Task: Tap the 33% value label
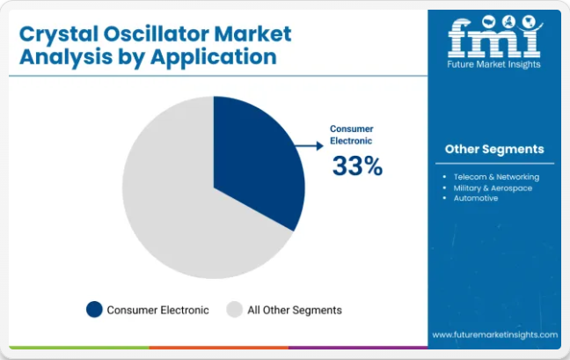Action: (357, 165)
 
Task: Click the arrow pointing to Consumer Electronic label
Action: (309, 146)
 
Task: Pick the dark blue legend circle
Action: (94, 310)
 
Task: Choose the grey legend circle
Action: (235, 310)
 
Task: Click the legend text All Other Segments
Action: (295, 310)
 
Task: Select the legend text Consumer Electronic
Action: (157, 310)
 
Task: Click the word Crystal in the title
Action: (59, 34)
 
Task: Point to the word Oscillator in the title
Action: (157, 33)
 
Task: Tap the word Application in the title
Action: (214, 57)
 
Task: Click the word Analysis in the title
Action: (66, 57)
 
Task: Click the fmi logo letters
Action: (494, 37)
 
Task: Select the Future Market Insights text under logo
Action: (493, 64)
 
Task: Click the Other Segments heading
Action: (494, 149)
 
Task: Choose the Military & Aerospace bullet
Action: (493, 188)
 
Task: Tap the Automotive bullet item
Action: (476, 198)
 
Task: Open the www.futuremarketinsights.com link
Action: (494, 334)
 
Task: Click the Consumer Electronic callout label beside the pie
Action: (352, 135)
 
